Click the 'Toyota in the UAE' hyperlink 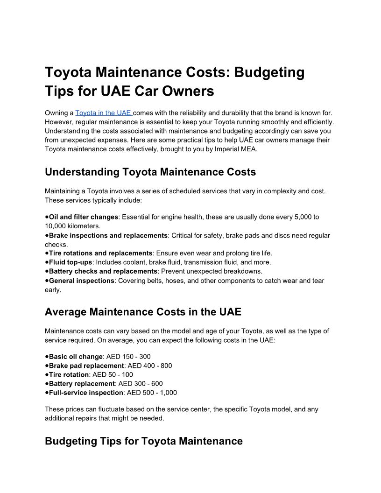(103, 113)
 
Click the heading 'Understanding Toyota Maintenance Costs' (150, 172)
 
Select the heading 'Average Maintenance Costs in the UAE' (143, 311)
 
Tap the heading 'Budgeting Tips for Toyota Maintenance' (143, 441)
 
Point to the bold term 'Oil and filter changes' (83, 217)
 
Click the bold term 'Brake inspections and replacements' (108, 235)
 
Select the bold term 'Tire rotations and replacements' (100, 253)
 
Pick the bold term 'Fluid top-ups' (71, 262)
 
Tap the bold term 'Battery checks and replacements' (103, 271)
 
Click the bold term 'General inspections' (81, 281)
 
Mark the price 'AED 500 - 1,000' (152, 393)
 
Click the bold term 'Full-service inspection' (86, 393)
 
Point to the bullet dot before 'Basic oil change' (47, 357)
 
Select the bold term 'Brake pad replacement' (86, 366)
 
